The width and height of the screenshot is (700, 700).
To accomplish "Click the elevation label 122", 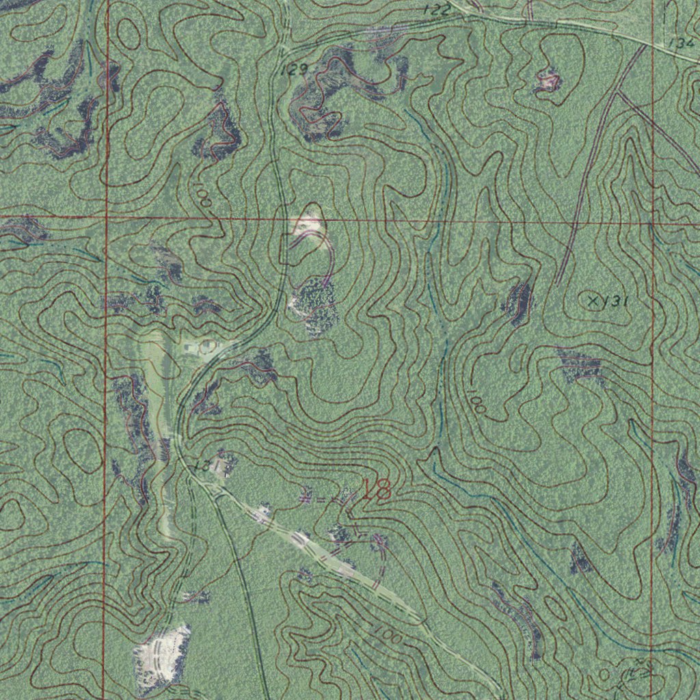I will [437, 10].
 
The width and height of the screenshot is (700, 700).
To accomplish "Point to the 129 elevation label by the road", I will [295, 69].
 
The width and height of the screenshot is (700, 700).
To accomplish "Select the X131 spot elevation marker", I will [607, 301].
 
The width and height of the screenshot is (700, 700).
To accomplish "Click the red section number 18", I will [376, 489].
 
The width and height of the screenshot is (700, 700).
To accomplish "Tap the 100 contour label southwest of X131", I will [478, 403].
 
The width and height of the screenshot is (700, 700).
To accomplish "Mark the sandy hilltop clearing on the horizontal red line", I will [308, 222].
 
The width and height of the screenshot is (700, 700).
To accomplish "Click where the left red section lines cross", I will [107, 217].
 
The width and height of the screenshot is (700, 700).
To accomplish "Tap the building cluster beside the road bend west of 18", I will [220, 466].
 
